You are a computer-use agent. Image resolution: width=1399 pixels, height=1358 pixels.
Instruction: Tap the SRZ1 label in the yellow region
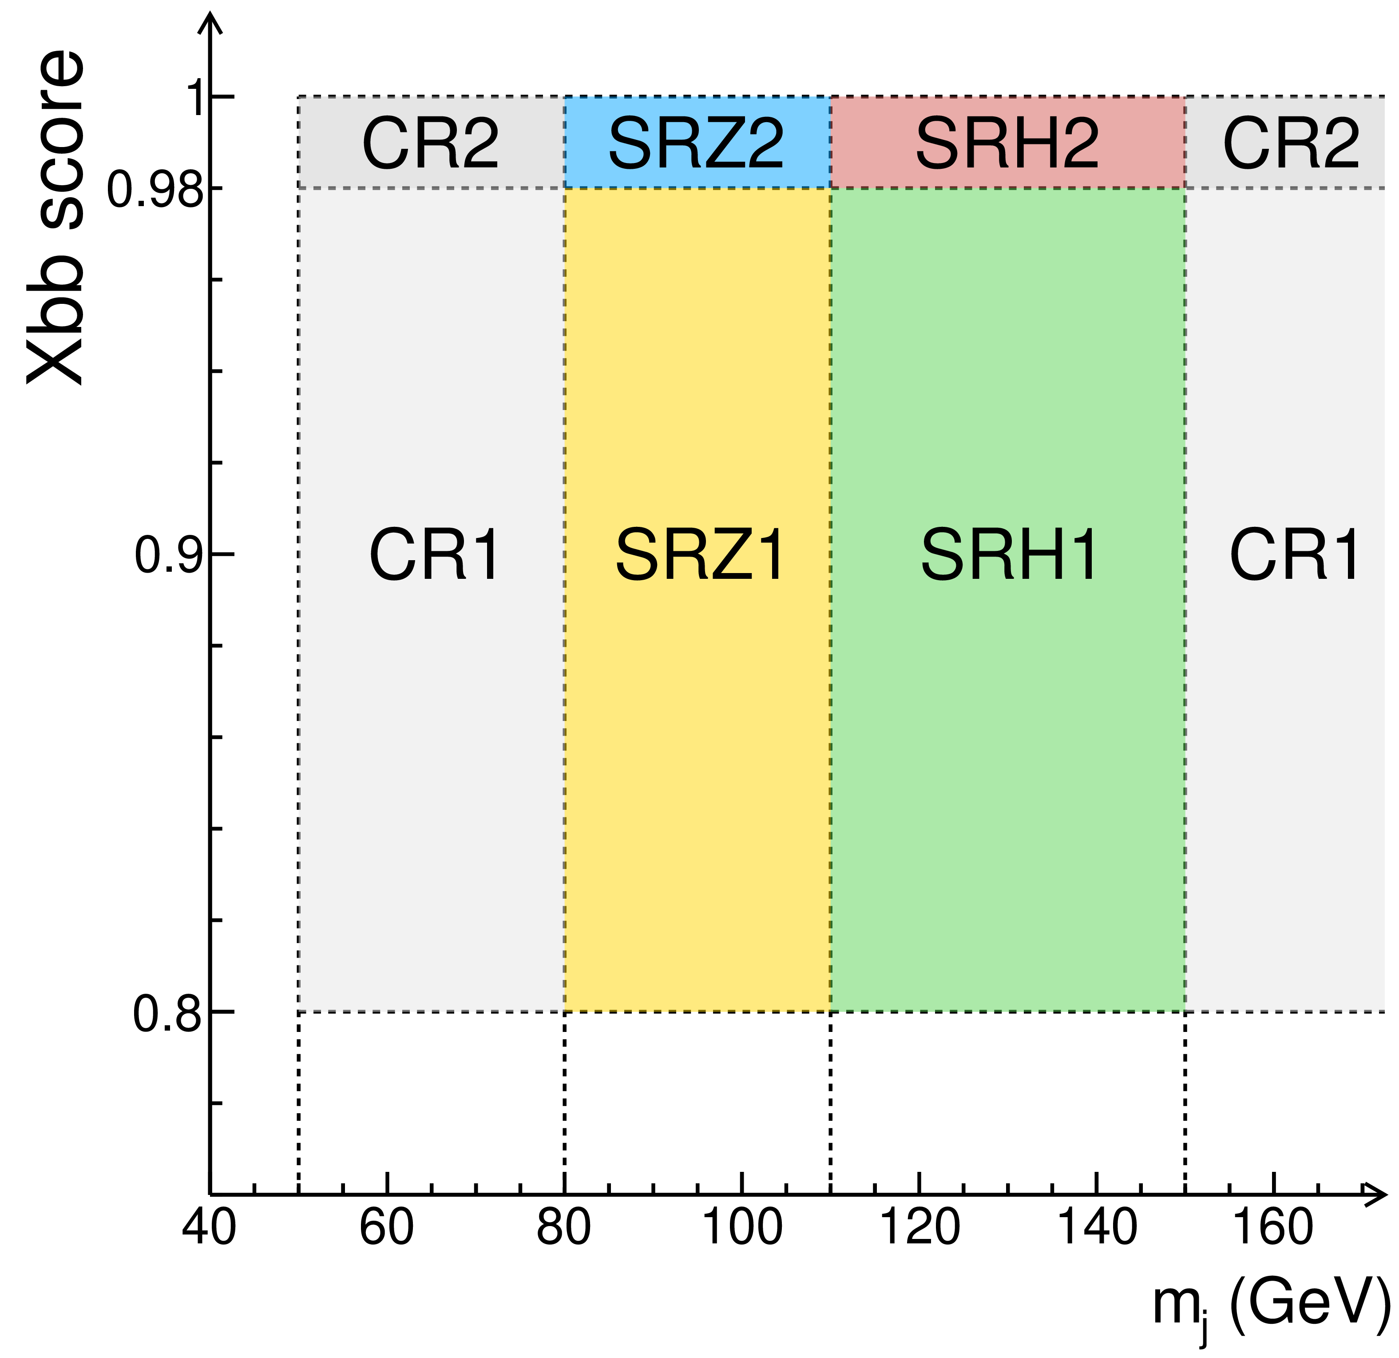[700, 555]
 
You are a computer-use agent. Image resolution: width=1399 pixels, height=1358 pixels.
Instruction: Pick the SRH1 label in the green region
[1009, 555]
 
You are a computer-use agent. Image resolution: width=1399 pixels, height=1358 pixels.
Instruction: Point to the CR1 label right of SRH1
[1294, 555]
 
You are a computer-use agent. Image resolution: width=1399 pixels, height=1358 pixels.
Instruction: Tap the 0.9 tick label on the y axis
[168, 555]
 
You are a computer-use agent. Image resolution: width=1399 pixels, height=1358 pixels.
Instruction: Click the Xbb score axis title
[55, 218]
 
